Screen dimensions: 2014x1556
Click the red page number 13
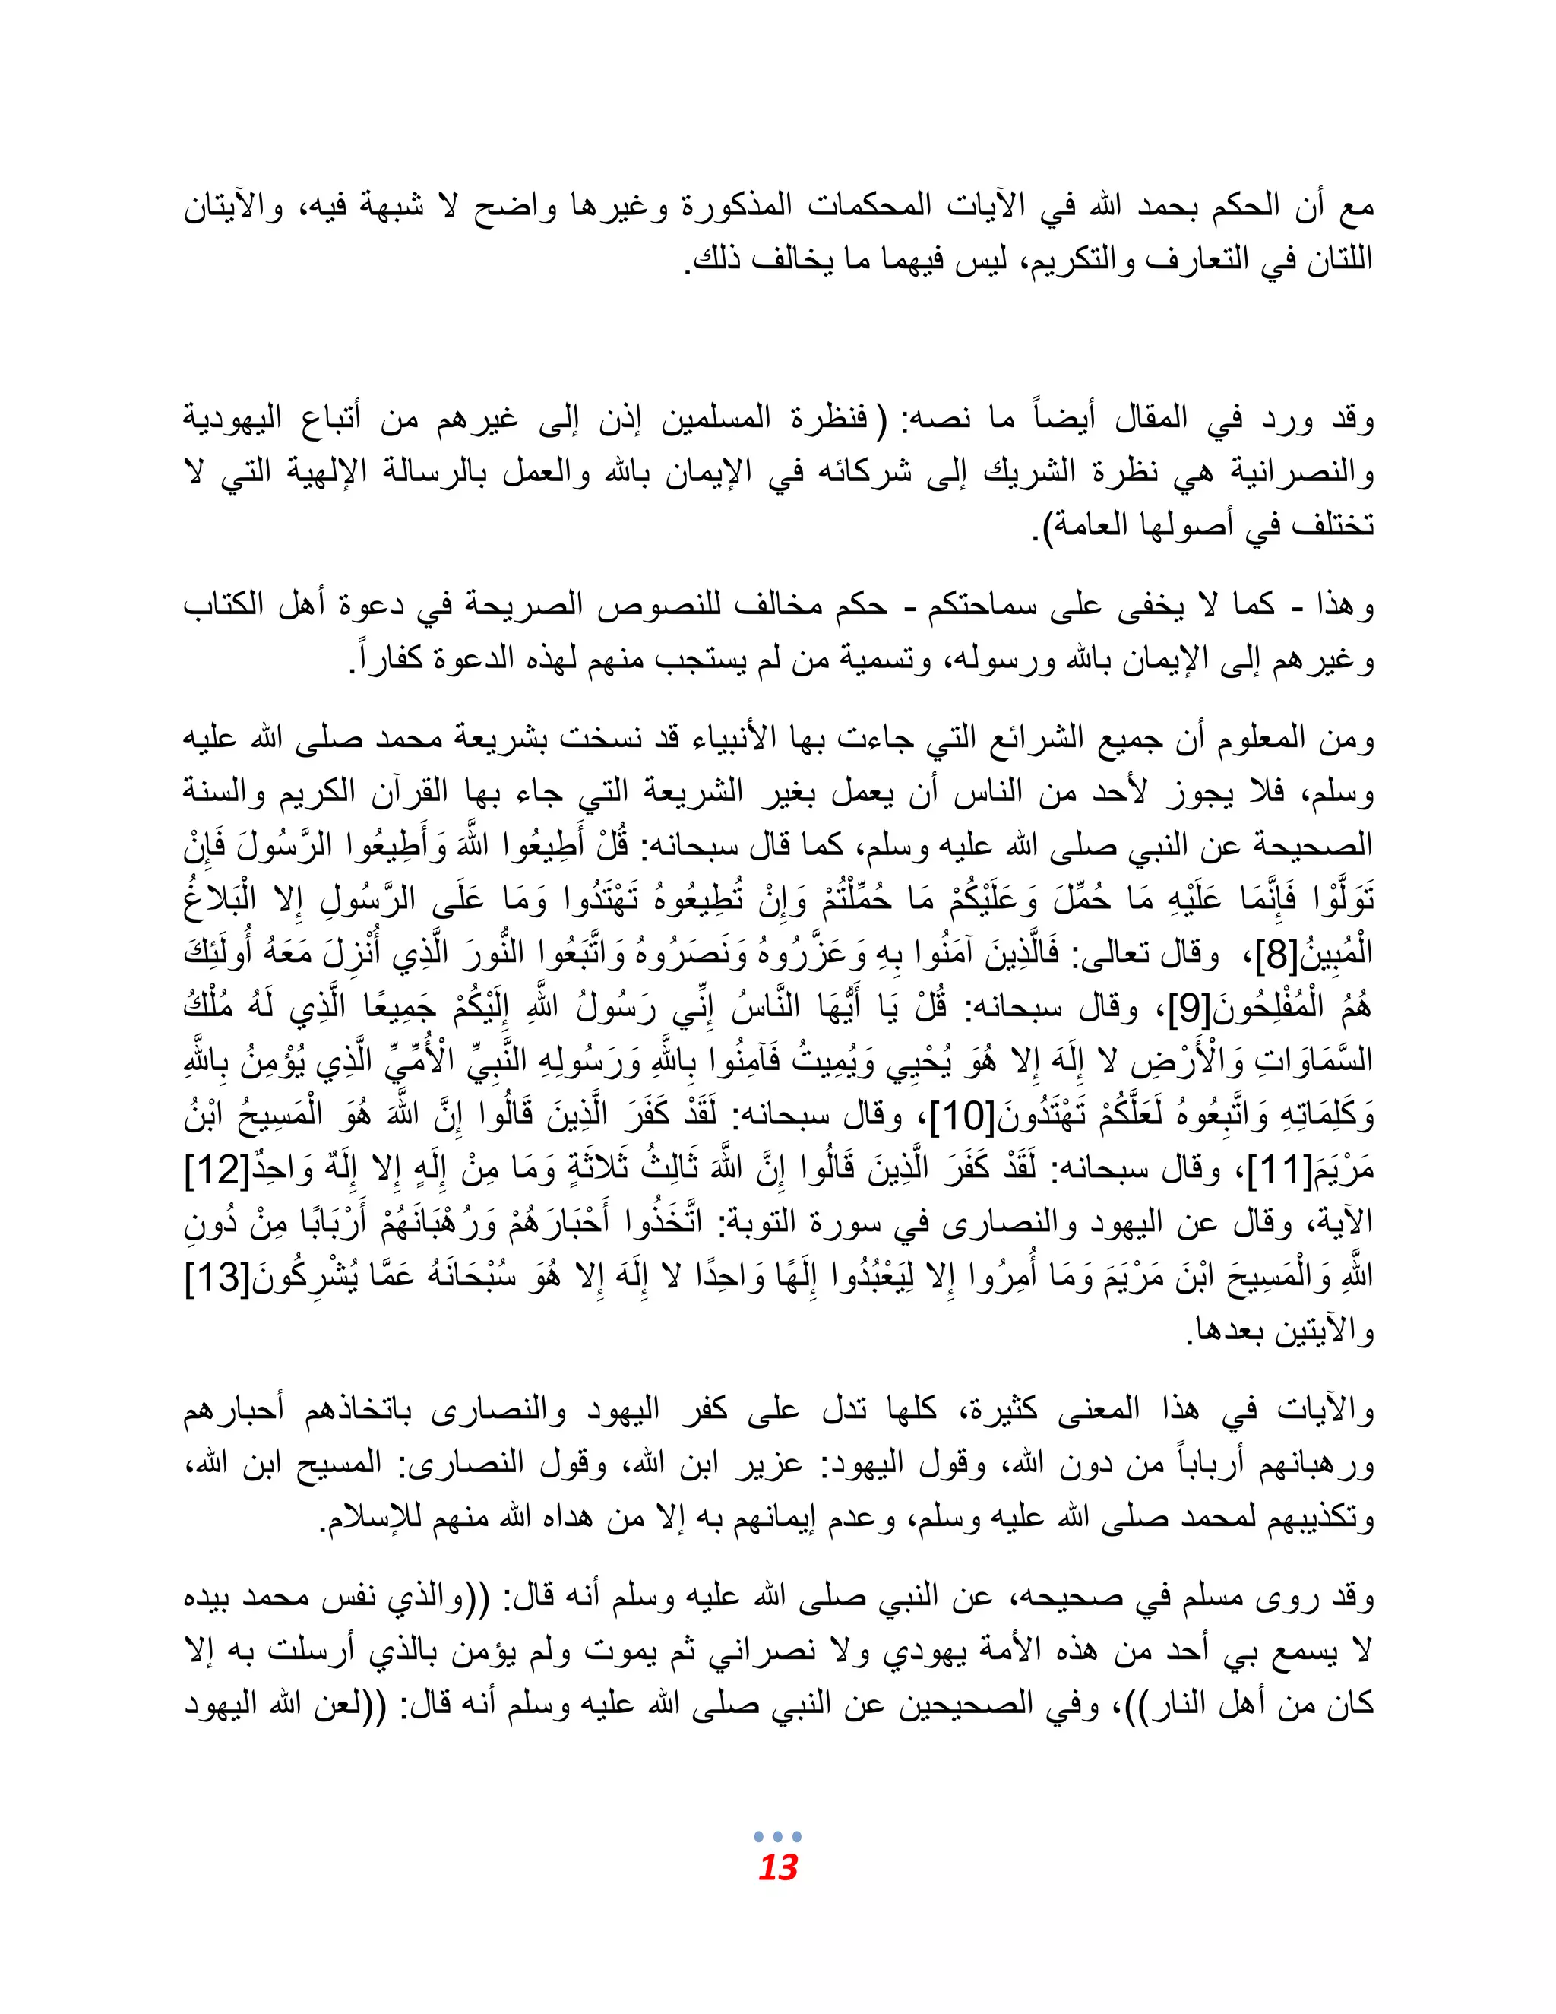pyautogui.click(x=777, y=1868)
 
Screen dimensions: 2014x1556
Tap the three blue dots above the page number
pyautogui.click(x=777, y=1836)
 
